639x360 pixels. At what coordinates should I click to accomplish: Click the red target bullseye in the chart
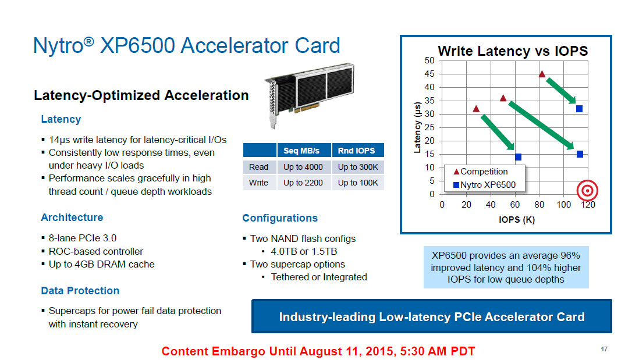(x=587, y=190)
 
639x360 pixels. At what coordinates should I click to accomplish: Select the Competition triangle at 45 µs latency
(x=542, y=74)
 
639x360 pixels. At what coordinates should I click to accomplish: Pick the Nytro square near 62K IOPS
(x=518, y=157)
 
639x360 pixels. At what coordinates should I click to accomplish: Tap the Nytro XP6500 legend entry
(x=485, y=185)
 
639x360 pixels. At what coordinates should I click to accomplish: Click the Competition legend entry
(x=481, y=172)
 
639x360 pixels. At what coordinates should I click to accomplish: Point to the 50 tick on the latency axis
(x=429, y=60)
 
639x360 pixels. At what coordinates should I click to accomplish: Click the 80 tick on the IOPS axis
(x=539, y=205)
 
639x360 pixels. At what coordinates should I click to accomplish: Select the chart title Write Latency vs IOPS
(x=513, y=51)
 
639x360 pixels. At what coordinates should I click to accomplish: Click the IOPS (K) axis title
(x=517, y=219)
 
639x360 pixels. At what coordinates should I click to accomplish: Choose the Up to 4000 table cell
(x=303, y=167)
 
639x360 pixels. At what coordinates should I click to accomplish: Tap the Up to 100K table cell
(x=358, y=183)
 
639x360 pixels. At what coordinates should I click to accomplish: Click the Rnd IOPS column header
(x=356, y=150)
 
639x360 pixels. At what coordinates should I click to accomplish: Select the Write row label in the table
(x=258, y=183)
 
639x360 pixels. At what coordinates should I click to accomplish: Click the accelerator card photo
(x=309, y=95)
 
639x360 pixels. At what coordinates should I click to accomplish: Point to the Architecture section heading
(x=72, y=218)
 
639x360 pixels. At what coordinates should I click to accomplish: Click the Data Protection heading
(x=80, y=291)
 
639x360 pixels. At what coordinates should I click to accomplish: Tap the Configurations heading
(x=280, y=218)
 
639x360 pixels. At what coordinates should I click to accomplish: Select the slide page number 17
(x=604, y=349)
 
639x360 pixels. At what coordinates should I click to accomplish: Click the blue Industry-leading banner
(x=432, y=316)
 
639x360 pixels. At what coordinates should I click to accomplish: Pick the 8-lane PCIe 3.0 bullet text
(x=82, y=238)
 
